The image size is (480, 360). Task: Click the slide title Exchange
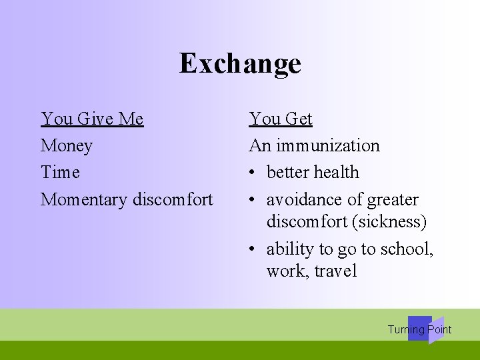pos(240,64)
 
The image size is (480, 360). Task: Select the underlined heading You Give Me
pos(92,119)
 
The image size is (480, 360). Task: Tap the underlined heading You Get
pos(281,119)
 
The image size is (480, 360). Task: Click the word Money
pos(66,145)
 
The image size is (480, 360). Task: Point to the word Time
pos(60,172)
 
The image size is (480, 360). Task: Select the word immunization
pos(327,145)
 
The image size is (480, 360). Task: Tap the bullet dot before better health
pos(253,173)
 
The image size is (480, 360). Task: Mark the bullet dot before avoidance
pos(253,200)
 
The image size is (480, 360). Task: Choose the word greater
pos(393,199)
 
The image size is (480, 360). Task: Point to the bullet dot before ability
pos(253,249)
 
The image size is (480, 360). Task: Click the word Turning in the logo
pos(406,329)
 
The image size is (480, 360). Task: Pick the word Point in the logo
pos(439,329)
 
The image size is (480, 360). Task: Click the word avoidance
pos(306,199)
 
